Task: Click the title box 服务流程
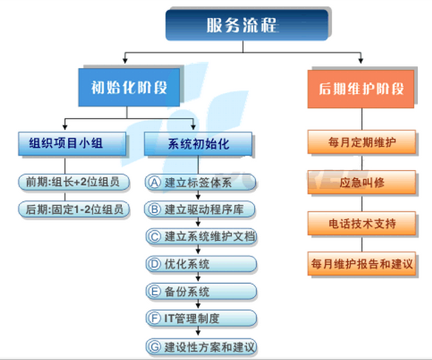click(x=247, y=25)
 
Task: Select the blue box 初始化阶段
click(x=129, y=87)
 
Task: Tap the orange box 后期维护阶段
click(x=361, y=89)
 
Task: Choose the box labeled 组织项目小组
click(x=72, y=143)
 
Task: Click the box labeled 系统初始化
click(x=198, y=144)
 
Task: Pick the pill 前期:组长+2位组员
click(x=73, y=182)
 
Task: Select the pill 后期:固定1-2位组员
click(x=73, y=209)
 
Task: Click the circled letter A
click(x=155, y=182)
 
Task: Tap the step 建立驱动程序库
click(x=200, y=209)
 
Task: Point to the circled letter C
click(x=155, y=237)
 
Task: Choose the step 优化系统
click(x=201, y=264)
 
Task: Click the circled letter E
click(x=155, y=291)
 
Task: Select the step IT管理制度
click(x=201, y=319)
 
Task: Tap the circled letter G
click(x=155, y=347)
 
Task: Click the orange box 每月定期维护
click(x=362, y=142)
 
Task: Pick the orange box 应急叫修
click(x=362, y=182)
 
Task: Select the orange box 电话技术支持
click(x=362, y=223)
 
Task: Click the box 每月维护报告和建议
click(x=362, y=264)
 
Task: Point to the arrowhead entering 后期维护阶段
click(x=361, y=61)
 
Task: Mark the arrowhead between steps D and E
click(x=198, y=278)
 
